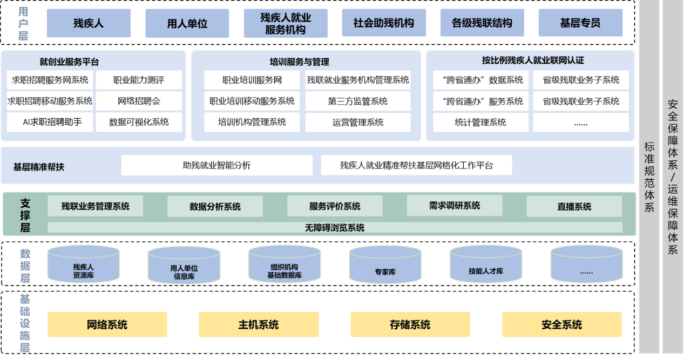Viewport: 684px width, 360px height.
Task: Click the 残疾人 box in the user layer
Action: click(89, 23)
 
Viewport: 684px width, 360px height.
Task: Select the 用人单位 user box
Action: click(187, 23)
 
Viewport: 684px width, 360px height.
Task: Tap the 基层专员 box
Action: click(580, 23)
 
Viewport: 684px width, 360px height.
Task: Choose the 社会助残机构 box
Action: click(384, 23)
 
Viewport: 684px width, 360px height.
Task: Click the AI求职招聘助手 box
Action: click(50, 122)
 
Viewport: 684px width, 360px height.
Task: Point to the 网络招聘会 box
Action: click(139, 101)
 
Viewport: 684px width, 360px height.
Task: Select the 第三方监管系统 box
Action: click(357, 101)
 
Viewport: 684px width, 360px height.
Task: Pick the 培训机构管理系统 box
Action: click(252, 122)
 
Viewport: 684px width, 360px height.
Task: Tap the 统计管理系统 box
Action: click(480, 123)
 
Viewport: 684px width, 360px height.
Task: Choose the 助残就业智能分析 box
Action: click(216, 165)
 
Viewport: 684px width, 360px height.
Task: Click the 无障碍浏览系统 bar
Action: click(335, 228)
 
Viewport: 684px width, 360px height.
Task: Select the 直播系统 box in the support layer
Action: click(574, 206)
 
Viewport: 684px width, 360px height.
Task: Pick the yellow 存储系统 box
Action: click(410, 324)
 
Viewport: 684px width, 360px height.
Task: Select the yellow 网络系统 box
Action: click(107, 324)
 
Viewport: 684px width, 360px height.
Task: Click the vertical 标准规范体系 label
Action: click(649, 178)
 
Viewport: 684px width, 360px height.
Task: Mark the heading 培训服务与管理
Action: click(299, 62)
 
